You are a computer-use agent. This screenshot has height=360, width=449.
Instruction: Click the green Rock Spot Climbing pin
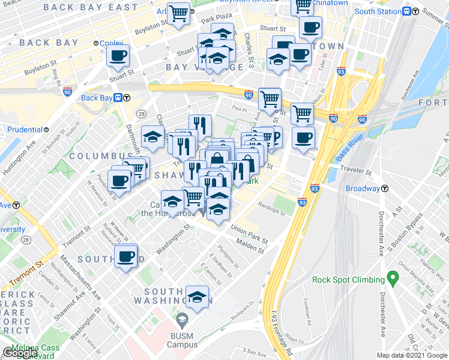click(393, 278)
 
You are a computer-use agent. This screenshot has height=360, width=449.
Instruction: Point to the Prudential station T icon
click(46, 129)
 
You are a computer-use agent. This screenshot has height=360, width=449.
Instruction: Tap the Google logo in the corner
click(19, 353)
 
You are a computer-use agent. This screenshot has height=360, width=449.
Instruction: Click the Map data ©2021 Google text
click(412, 355)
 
